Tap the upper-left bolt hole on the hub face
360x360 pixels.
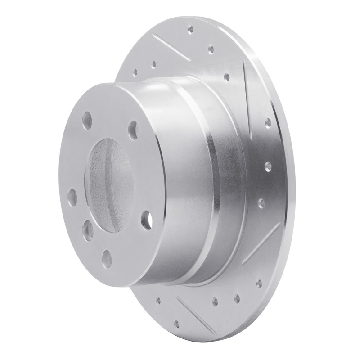point(87,121)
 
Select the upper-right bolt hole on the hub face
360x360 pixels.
point(133,129)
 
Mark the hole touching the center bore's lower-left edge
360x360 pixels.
point(88,229)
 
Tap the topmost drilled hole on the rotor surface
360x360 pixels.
point(190,29)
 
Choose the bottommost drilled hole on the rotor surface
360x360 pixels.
point(176,324)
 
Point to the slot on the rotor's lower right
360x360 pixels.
point(261,243)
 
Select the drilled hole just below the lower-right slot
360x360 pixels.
point(259,283)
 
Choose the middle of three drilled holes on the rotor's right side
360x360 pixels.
point(269,166)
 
